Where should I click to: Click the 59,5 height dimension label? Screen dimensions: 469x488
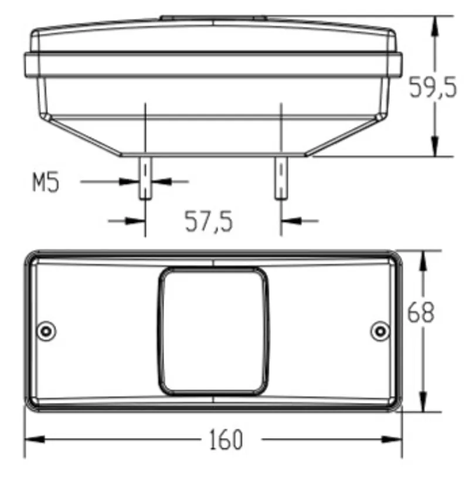(x=433, y=87)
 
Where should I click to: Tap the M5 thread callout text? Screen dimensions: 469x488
(x=46, y=182)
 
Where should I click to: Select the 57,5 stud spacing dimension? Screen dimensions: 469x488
(x=209, y=221)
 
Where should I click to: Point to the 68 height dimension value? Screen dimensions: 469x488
(x=421, y=312)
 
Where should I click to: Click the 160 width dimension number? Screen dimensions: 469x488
(x=226, y=439)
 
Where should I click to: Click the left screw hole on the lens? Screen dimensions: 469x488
(x=46, y=331)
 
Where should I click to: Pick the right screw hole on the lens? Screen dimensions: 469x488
(x=380, y=331)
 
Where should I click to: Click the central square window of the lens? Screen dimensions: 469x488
(x=213, y=331)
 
